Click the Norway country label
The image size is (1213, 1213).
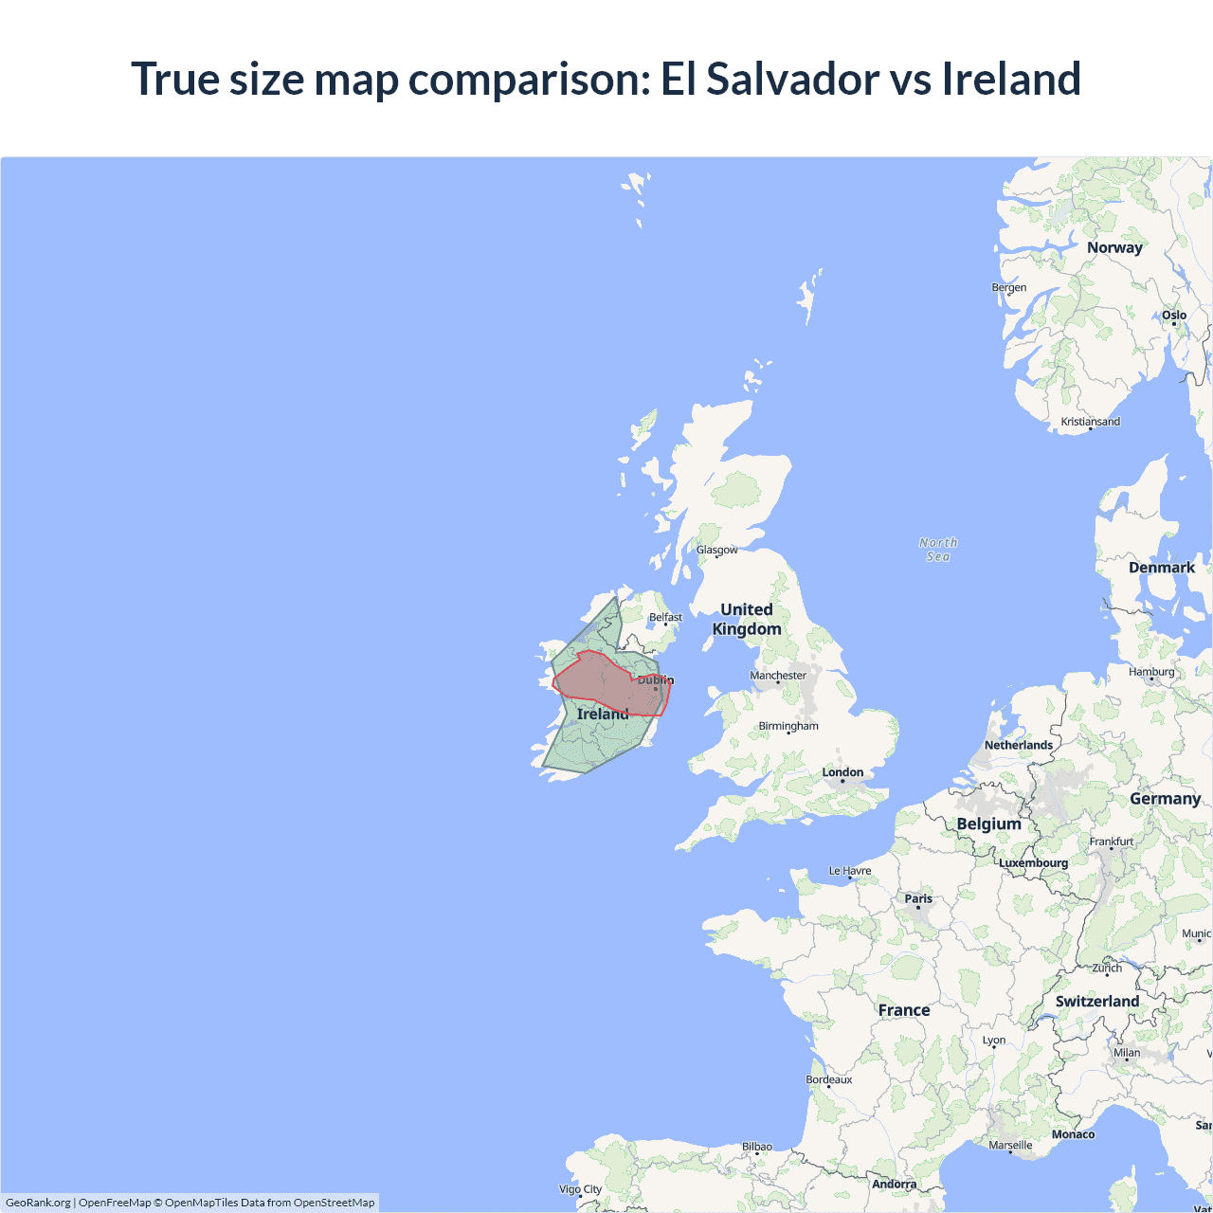pyautogui.click(x=1114, y=247)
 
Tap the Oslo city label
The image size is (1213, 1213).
pyautogui.click(x=1174, y=315)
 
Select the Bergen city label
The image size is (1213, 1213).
pyautogui.click(x=1008, y=287)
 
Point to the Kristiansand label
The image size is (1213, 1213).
pyautogui.click(x=1090, y=422)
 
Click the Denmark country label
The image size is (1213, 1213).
pyautogui.click(x=1161, y=568)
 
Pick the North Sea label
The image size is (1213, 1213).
pyautogui.click(x=938, y=550)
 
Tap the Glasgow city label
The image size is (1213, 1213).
pyautogui.click(x=716, y=550)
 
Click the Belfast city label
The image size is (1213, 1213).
pyautogui.click(x=665, y=617)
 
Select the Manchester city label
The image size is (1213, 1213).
pyautogui.click(x=778, y=676)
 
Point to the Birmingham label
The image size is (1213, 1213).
pyautogui.click(x=788, y=726)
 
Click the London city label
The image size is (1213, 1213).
pyautogui.click(x=842, y=772)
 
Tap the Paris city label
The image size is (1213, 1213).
pyautogui.click(x=917, y=898)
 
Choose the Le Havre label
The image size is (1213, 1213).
pyautogui.click(x=850, y=871)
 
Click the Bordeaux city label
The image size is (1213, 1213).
pyautogui.click(x=829, y=1079)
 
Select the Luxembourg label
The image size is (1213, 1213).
pyautogui.click(x=1033, y=863)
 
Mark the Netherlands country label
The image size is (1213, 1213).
pyautogui.click(x=1019, y=745)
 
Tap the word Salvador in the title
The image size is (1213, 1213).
pyautogui.click(x=792, y=79)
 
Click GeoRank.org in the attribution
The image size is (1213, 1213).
pyautogui.click(x=38, y=1203)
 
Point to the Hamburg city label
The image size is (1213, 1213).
pyautogui.click(x=1151, y=672)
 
